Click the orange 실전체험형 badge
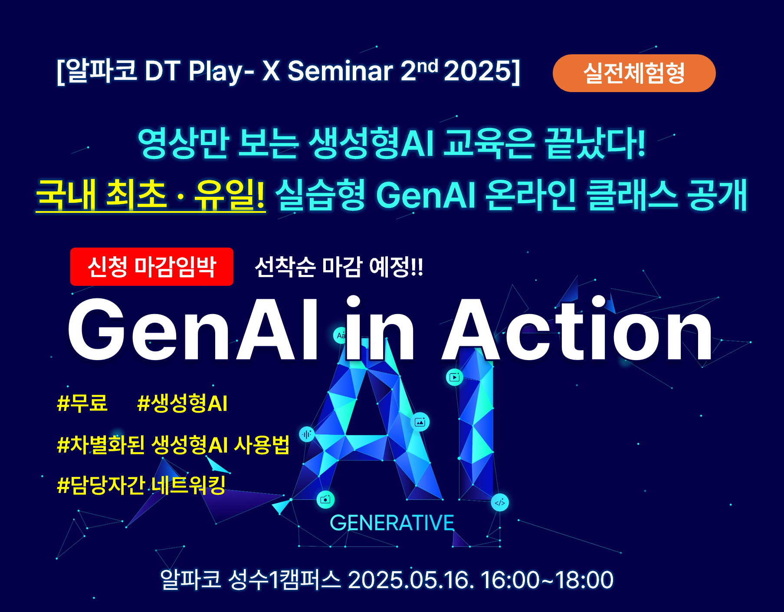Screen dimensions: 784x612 pos(634,73)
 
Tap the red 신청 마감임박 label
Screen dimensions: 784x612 pos(152,267)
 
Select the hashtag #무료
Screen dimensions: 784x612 pos(82,403)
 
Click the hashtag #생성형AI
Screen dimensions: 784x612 pos(182,403)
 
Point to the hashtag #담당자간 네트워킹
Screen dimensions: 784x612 pos(141,485)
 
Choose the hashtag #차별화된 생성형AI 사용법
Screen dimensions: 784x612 pos(173,444)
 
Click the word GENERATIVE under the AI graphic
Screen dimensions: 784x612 pos(392,523)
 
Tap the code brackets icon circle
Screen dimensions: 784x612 pos(500,503)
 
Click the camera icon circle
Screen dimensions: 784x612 pos(325,500)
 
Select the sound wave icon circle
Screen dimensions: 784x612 pos(307,434)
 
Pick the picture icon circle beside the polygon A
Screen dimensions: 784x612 pos(420,422)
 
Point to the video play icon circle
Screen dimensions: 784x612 pos(455,377)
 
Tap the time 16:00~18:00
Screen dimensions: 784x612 pos(547,580)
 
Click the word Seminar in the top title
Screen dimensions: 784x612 pos(340,71)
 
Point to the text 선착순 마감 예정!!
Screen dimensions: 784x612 pos(339,267)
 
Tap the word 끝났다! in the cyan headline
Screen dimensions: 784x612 pos(596,143)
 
